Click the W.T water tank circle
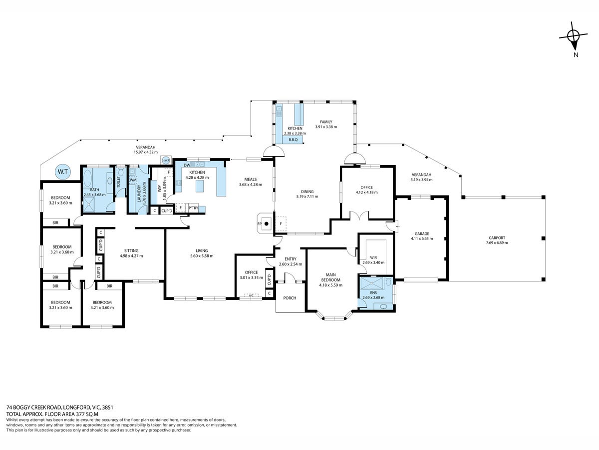[x=63, y=172]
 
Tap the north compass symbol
[x=574, y=36]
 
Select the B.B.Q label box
[x=293, y=139]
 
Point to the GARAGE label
[x=422, y=233]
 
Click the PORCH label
[x=290, y=298]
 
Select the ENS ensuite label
[x=373, y=292]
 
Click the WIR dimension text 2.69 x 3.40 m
[x=373, y=262]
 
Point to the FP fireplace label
[x=259, y=224]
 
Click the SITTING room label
[x=131, y=250]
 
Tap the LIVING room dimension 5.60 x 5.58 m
[x=201, y=256]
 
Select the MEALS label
[x=250, y=179]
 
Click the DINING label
[x=307, y=191]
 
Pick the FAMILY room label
[x=326, y=121]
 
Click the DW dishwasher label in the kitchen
[x=186, y=165]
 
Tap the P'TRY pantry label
[x=193, y=207]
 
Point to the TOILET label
[x=118, y=182]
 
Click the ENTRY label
[x=290, y=258]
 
